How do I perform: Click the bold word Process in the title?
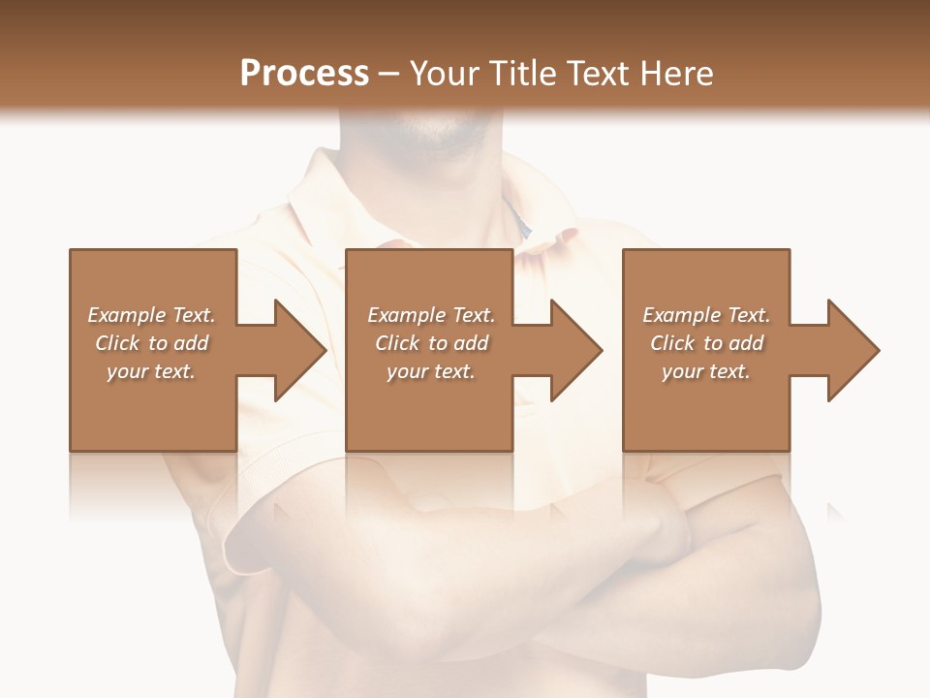point(304,73)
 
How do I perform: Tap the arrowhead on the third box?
point(852,350)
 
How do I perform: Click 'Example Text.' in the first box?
point(151,315)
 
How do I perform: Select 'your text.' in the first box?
point(151,371)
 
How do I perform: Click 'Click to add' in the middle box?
point(431,343)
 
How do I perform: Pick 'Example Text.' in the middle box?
point(431,315)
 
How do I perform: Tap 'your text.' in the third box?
point(705,371)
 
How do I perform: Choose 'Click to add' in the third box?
point(706,343)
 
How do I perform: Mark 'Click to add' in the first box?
point(151,343)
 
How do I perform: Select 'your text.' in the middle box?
point(431,371)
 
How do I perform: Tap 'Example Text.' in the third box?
point(706,315)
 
